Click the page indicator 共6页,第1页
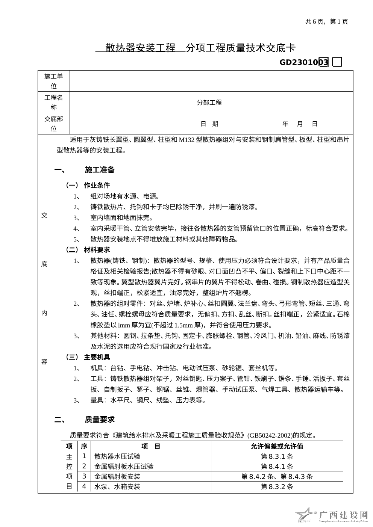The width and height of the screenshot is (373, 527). pos(326,21)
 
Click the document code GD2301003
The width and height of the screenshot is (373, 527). pos(304,62)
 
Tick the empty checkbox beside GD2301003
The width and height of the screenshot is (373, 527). pos(337,62)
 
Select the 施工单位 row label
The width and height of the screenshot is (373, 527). pos(54,81)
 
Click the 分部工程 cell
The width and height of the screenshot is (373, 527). pos(209,103)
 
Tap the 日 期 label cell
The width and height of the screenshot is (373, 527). pos(209,124)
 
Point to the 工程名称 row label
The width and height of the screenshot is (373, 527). pos(54,103)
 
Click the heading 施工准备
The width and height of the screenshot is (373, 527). pos(100,170)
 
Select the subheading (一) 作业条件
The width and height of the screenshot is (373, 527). pos(88,185)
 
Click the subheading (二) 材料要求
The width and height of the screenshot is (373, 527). pos(88,250)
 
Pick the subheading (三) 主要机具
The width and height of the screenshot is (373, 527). pos(88,357)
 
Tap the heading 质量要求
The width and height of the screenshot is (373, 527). pos(100,420)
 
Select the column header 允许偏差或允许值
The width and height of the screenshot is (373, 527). pos(277,446)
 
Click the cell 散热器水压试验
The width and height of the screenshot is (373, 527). pos(117,456)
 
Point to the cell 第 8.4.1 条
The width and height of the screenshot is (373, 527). pos(277,467)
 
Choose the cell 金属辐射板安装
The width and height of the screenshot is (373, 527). pos(117,477)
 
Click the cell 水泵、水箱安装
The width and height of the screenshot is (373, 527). pos(117,487)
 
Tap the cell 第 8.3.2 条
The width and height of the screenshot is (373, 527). pos(277,487)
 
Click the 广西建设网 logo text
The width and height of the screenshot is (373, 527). pos(343,515)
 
